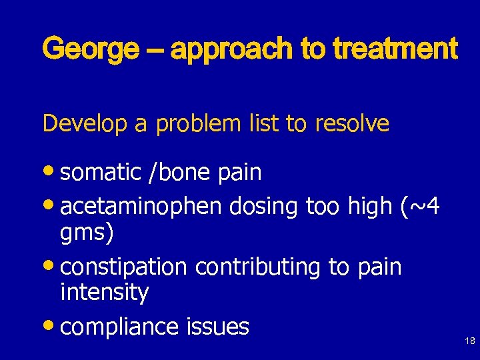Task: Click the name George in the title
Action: pos(90,50)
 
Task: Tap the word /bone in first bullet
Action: pos(181,173)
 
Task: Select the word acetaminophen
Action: pos(141,207)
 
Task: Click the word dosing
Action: pos(263,207)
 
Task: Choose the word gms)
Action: pos(87,233)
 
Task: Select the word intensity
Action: pos(104,292)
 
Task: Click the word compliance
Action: pos(119,327)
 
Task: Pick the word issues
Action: pos(217,327)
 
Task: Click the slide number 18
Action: pos(469,341)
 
